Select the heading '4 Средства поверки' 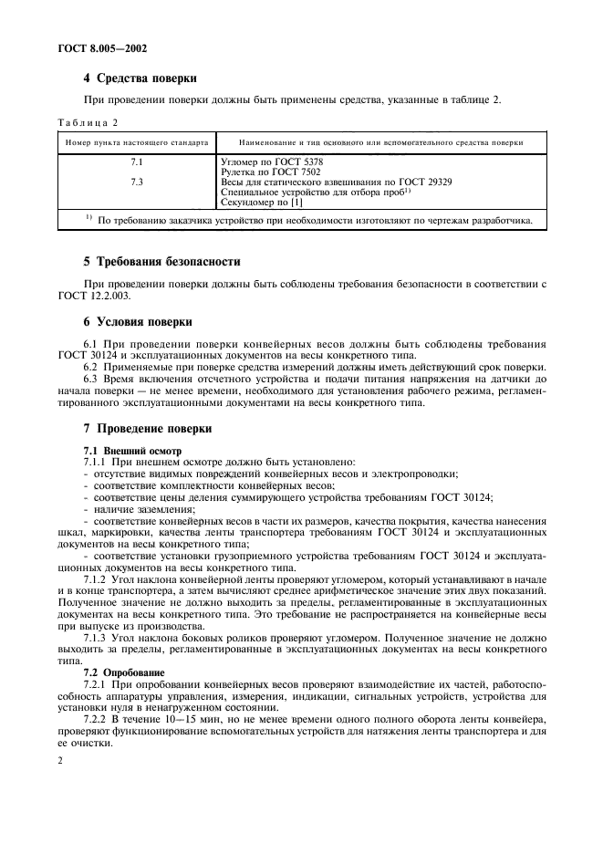click(140, 78)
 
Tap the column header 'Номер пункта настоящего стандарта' click(136, 143)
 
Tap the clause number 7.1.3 click(96, 639)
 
